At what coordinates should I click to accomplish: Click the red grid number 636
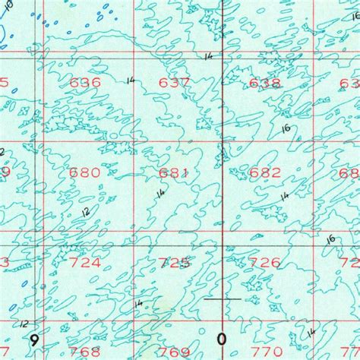point(84,82)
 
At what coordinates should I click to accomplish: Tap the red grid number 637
point(174,82)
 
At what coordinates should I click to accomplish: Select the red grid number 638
point(264,82)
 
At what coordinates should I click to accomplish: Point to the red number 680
point(84,172)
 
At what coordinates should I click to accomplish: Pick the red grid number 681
point(174,172)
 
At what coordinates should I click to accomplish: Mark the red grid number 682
point(264,172)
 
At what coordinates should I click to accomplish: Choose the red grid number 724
point(84,263)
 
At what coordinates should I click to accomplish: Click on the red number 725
point(174,263)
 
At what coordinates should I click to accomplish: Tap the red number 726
point(264,263)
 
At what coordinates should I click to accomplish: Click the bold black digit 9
point(33,338)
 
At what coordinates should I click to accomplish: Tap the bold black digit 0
point(223,338)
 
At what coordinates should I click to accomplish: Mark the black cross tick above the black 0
point(223,298)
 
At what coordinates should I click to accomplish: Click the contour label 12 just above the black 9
point(26,323)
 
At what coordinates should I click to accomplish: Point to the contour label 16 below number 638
point(286,128)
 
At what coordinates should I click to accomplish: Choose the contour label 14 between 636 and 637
point(131,80)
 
